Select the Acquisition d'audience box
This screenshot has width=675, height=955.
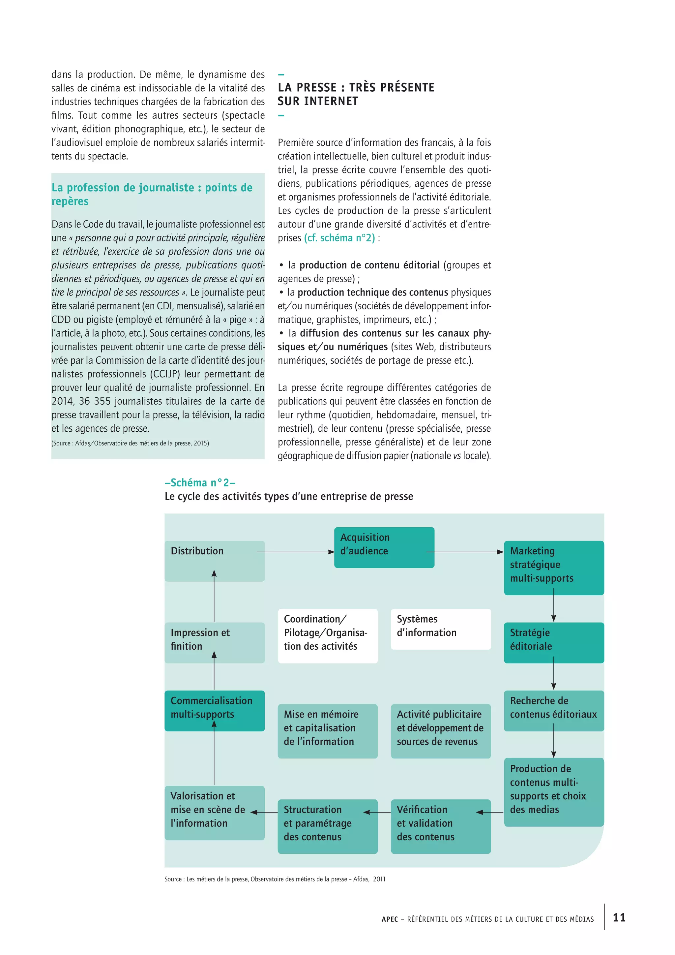click(x=384, y=547)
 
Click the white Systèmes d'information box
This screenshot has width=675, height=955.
click(x=441, y=629)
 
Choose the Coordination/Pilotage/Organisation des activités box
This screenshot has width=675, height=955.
click(x=328, y=635)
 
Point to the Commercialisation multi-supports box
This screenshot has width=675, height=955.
click(x=215, y=710)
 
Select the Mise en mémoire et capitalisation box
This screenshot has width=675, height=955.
click(x=328, y=730)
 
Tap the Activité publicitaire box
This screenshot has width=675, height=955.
click(x=441, y=730)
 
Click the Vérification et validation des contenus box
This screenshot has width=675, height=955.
click(x=441, y=826)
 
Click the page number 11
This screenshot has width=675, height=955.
click(x=619, y=917)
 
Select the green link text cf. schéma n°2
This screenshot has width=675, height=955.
click(x=339, y=238)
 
